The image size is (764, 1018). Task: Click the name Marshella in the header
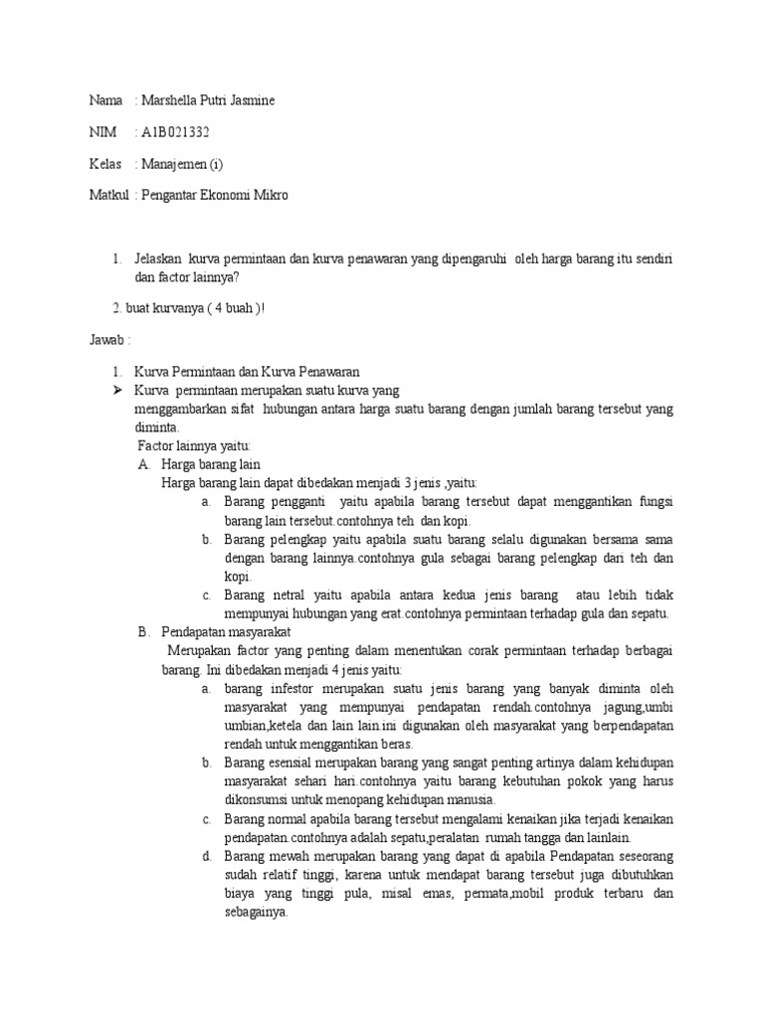click(x=171, y=100)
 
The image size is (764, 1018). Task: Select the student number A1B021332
click(x=176, y=132)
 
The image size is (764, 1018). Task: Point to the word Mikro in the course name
click(x=270, y=196)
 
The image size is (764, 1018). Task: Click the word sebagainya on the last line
click(x=256, y=913)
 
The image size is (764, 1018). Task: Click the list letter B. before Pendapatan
click(x=143, y=631)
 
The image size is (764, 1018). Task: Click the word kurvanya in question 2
click(x=174, y=307)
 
